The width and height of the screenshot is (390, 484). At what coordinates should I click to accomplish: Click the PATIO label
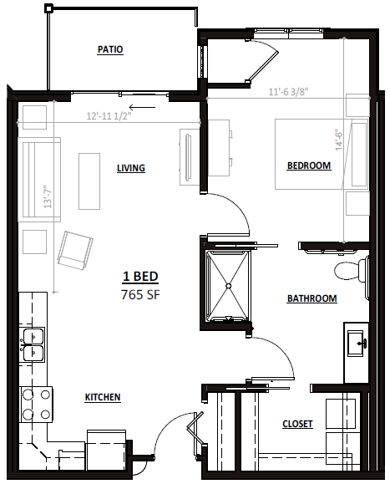(110, 49)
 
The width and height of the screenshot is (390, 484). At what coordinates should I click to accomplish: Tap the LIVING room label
(131, 168)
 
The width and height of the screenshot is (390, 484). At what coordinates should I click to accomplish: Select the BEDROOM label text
(309, 166)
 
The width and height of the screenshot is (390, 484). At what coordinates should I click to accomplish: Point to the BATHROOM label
(311, 298)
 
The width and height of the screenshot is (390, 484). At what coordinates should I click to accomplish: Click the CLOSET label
(297, 424)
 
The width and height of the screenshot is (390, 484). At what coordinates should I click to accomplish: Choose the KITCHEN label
(103, 397)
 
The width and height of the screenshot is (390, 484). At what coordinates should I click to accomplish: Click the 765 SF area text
(140, 295)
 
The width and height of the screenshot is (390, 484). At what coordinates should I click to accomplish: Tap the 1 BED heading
(140, 276)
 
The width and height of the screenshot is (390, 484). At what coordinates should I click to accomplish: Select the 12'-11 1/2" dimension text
(109, 116)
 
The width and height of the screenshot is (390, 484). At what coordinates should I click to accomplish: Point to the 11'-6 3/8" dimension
(288, 92)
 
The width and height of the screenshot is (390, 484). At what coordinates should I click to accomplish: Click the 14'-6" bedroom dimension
(339, 140)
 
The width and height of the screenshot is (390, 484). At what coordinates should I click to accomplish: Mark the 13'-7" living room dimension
(47, 196)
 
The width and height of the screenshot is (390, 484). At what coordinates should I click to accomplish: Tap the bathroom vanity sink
(357, 344)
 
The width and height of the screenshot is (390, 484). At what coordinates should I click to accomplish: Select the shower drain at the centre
(229, 286)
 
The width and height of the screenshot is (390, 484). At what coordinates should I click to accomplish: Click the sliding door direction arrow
(142, 108)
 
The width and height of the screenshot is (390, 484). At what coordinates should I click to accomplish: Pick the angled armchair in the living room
(75, 250)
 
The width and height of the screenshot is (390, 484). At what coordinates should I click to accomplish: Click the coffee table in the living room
(89, 181)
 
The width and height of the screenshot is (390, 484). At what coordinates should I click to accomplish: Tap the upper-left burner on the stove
(28, 395)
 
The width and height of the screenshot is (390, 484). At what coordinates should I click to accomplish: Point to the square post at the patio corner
(48, 8)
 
